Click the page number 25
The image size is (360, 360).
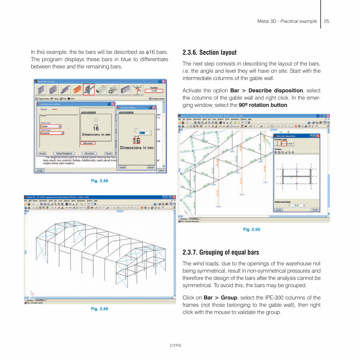click(x=326, y=21)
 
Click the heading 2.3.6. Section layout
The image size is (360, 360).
click(x=209, y=52)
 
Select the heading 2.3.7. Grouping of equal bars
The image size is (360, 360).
click(x=221, y=252)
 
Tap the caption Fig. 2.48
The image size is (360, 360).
click(x=99, y=181)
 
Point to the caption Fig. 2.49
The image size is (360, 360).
click(x=99, y=309)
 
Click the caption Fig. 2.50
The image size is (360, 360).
click(x=252, y=229)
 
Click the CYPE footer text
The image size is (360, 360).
click(x=176, y=346)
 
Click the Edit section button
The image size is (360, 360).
click(x=88, y=143)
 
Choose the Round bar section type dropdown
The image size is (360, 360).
click(x=52, y=133)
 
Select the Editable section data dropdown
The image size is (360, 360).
click(x=51, y=126)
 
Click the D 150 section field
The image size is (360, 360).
click(x=154, y=91)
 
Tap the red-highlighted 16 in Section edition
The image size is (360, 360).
click(x=136, y=141)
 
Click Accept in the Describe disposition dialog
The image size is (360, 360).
click(x=278, y=210)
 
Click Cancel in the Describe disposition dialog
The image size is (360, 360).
click(x=314, y=210)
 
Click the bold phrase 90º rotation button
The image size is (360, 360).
click(x=263, y=105)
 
